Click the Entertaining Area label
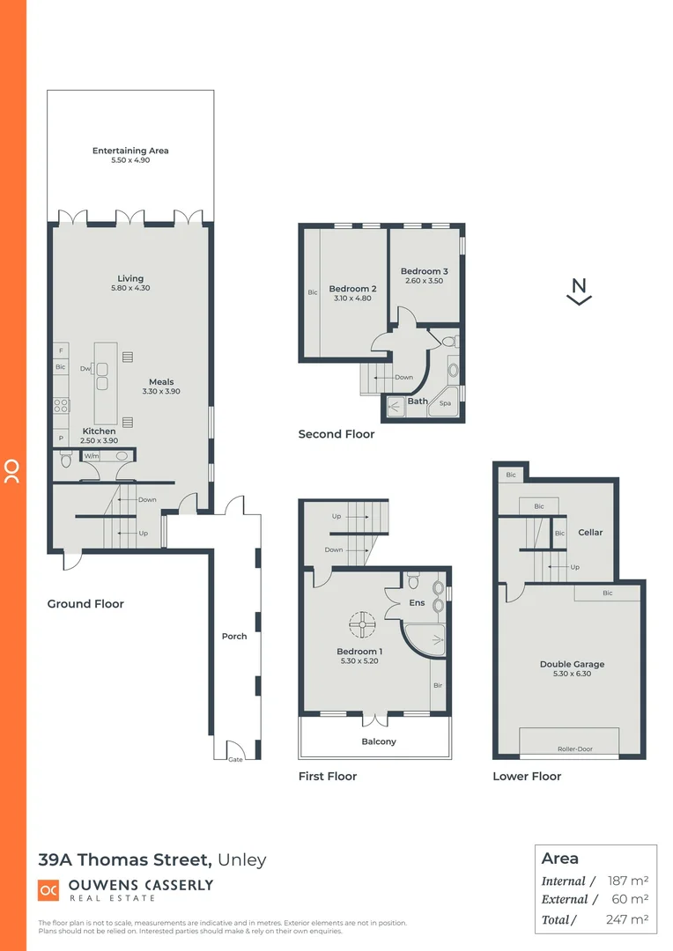pos(130,151)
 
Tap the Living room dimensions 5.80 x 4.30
pos(130,288)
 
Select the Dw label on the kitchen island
pos(85,368)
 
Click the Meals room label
pos(161,382)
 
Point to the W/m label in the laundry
pos(92,456)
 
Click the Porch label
pos(234,636)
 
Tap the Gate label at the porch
pos(235,759)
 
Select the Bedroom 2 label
pos(352,289)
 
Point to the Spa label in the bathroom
pos(445,402)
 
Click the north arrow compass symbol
pos(579,291)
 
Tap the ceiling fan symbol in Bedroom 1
pos(360,626)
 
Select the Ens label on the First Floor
pos(418,604)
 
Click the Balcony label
pos(378,741)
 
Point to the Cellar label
pos(590,532)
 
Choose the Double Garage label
pos(572,664)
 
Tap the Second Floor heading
pos(336,434)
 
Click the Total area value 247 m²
pos(627,919)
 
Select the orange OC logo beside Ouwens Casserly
pos(48,891)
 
